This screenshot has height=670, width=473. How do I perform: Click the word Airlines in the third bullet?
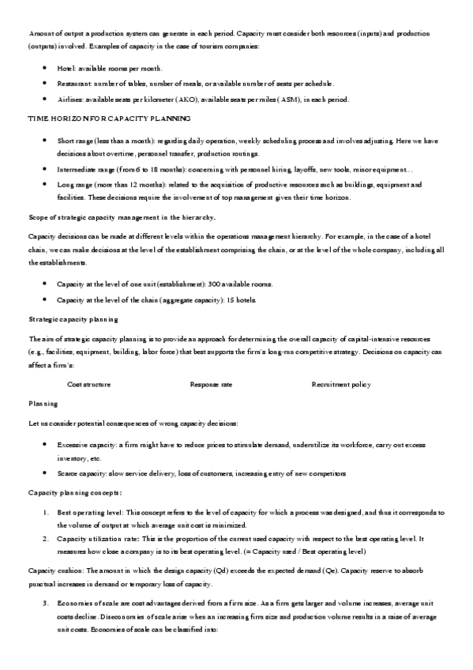click(70, 99)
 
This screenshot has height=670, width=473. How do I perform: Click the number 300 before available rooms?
click(215, 283)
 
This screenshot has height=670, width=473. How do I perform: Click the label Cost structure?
click(88, 384)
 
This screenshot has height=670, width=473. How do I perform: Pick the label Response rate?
click(211, 384)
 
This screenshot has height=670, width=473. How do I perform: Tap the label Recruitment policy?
click(341, 384)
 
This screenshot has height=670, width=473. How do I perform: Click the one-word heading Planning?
click(43, 404)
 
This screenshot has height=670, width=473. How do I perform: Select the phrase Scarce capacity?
click(81, 473)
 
